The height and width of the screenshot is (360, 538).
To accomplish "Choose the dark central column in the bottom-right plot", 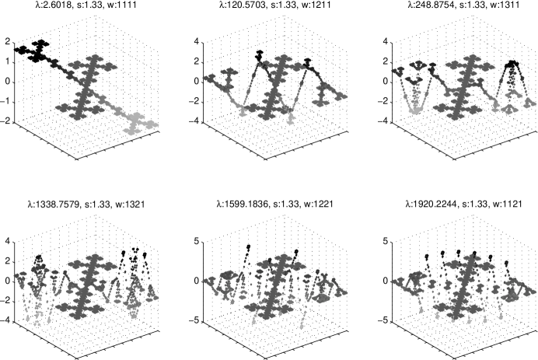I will tap(462, 284).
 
